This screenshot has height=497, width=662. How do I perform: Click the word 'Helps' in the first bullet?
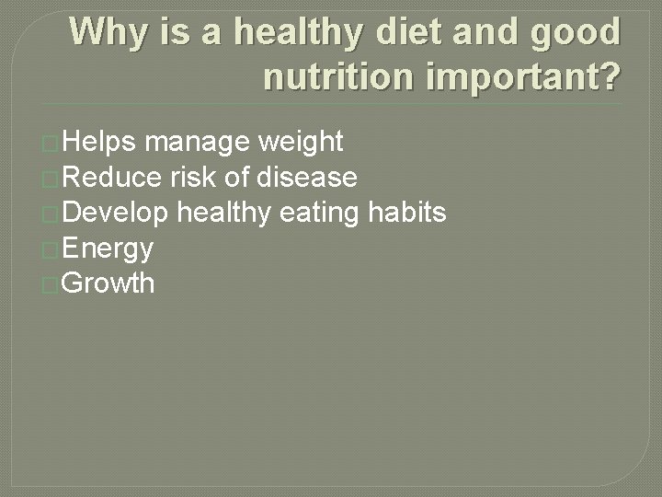point(100,142)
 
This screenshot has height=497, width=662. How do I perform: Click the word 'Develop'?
point(116,213)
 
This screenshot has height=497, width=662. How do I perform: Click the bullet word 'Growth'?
point(108,283)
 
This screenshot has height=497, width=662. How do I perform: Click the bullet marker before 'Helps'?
point(51,144)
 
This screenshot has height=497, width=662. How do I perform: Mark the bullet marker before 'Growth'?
point(51,285)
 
